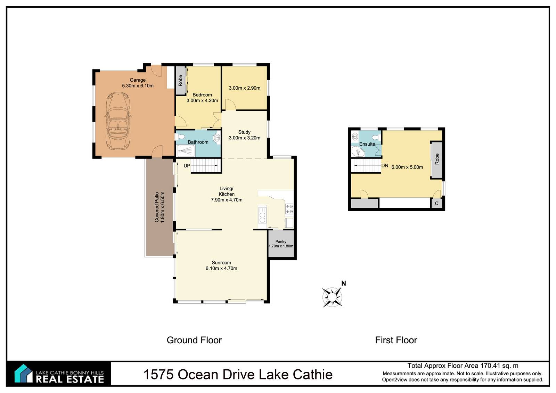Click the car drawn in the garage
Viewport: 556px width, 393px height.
pos(118,121)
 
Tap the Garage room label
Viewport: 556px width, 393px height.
pos(138,80)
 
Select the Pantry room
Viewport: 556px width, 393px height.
pos(281,244)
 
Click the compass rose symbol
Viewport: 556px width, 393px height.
pos(332,297)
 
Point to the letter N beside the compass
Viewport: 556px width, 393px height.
pos(344,283)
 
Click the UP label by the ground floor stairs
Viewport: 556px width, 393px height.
pos(187,166)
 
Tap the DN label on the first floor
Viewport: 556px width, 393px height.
pos(385,166)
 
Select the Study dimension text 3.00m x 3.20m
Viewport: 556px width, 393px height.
pos(245,138)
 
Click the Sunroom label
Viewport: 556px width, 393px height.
pos(221,262)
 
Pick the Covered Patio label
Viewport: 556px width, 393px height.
pos(157,207)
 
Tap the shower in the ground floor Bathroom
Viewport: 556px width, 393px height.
pos(185,151)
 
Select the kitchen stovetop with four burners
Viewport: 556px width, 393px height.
pos(289,209)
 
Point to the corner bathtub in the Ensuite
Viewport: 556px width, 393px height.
pos(358,152)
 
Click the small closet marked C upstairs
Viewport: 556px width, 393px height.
pos(436,203)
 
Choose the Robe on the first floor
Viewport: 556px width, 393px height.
pos(437,159)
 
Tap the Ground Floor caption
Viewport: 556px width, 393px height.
pos(194,340)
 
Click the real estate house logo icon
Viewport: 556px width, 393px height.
pos(23,374)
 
